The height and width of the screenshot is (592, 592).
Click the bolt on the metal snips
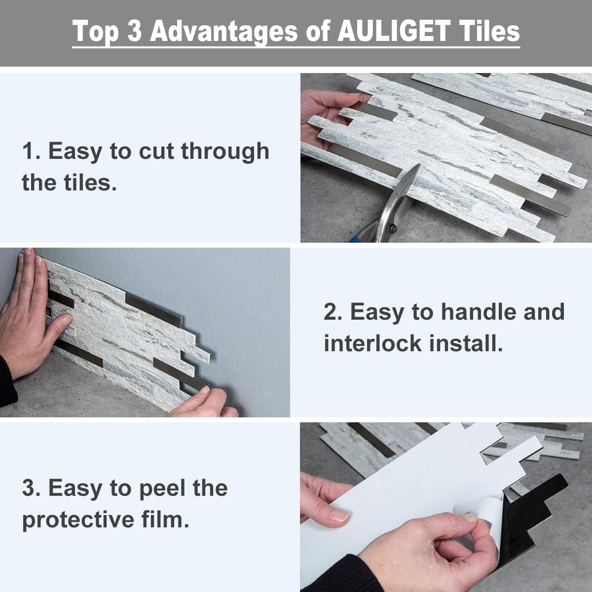click(393, 228)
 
